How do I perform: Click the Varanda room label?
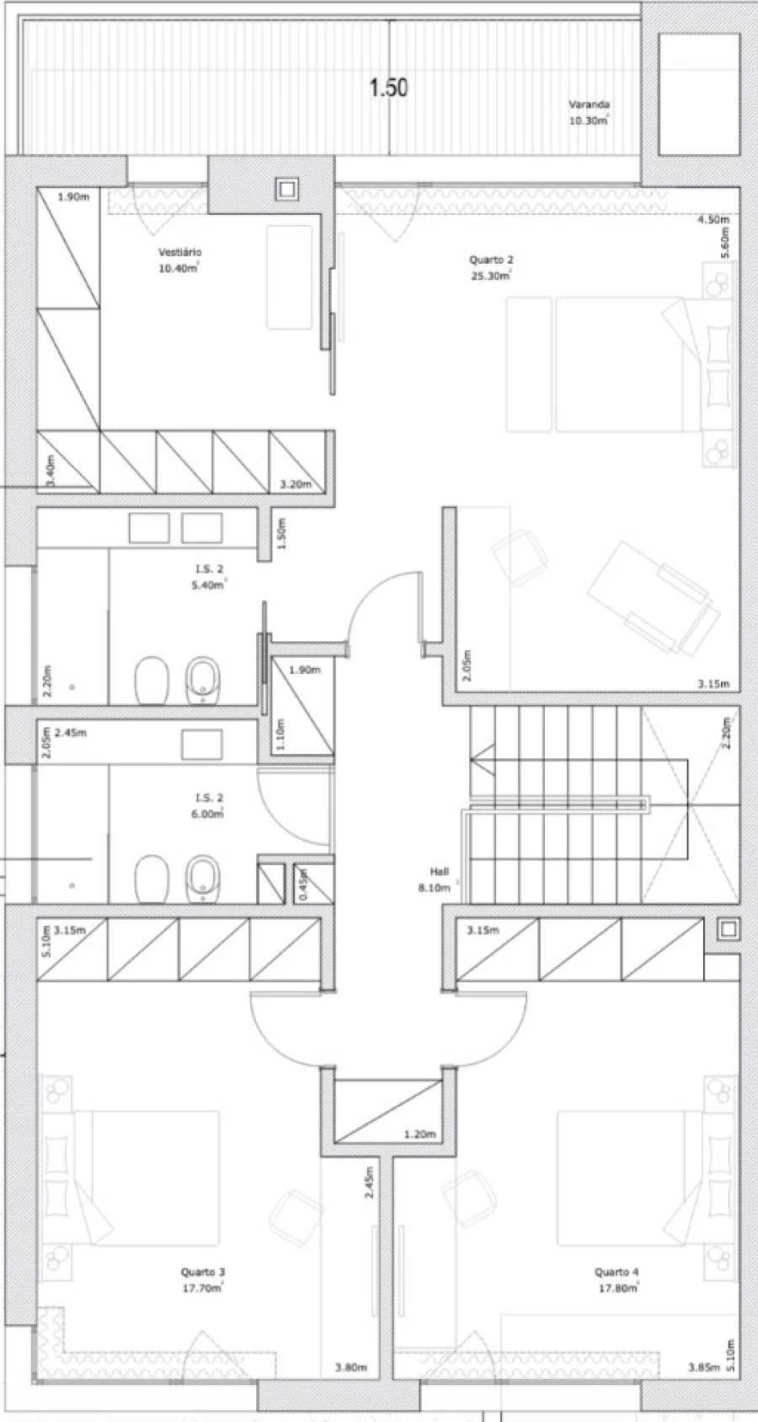click(x=589, y=104)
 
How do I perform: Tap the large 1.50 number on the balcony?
click(x=388, y=88)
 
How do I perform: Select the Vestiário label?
click(x=180, y=253)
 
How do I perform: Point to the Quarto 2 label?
click(x=491, y=259)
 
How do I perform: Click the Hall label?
click(x=440, y=872)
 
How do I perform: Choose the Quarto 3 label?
click(x=202, y=1271)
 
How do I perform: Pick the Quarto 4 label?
click(x=617, y=1271)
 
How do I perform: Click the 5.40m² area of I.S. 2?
click(x=209, y=585)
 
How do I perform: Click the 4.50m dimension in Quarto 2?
click(x=713, y=220)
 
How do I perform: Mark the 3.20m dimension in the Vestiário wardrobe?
click(x=296, y=485)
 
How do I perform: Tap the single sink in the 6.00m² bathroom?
click(x=202, y=744)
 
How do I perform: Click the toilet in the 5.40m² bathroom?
click(x=152, y=681)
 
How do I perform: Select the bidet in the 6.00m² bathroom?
click(x=202, y=879)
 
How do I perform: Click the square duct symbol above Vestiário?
click(x=286, y=189)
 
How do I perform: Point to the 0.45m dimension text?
click(x=303, y=884)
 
